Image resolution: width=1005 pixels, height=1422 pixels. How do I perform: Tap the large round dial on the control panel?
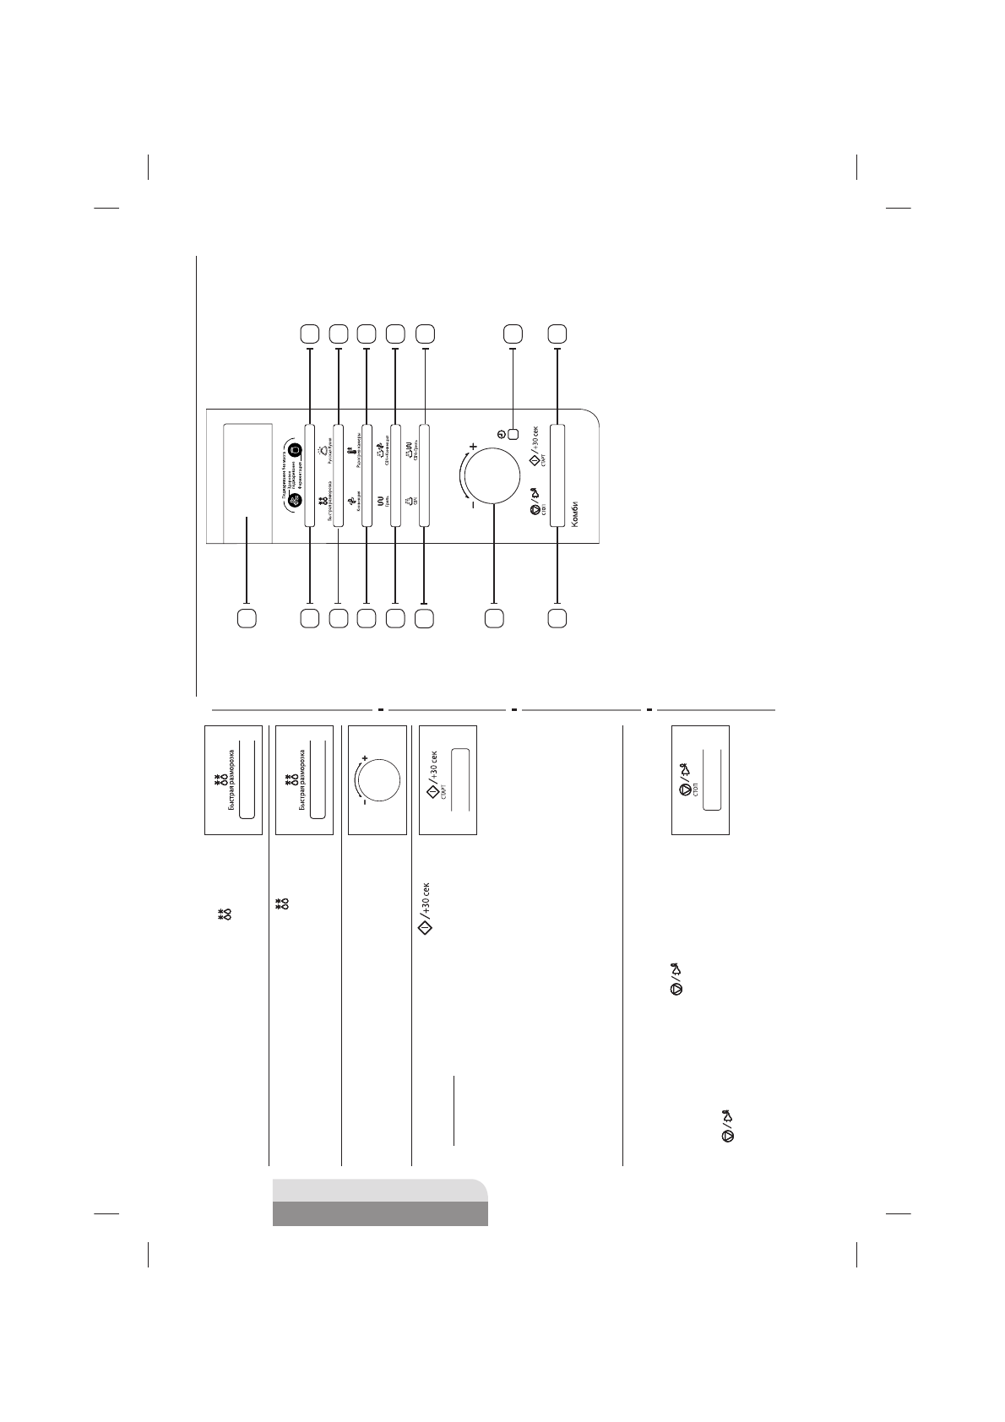pyautogui.click(x=493, y=475)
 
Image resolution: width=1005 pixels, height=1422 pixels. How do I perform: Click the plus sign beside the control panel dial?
pyautogui.click(x=473, y=446)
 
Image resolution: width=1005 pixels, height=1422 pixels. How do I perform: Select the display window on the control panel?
pyautogui.click(x=247, y=482)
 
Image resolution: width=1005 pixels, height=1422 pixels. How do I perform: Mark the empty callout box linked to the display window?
pyautogui.click(x=246, y=618)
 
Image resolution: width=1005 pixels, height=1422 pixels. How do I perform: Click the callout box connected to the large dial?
pyautogui.click(x=493, y=618)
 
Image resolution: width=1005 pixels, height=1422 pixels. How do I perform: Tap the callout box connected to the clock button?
pyautogui.click(x=513, y=334)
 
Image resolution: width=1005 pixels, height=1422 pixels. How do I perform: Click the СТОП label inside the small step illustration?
pyautogui.click(x=695, y=790)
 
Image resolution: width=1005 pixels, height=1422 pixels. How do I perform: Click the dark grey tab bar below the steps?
pyautogui.click(x=380, y=1213)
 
